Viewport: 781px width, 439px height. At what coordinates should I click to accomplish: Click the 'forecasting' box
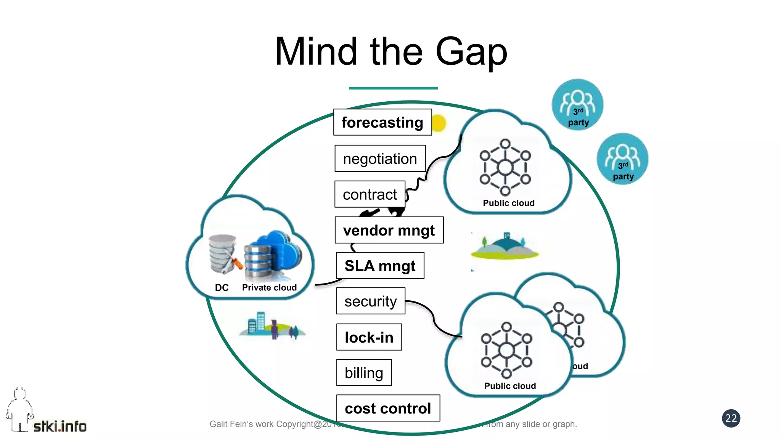click(x=382, y=122)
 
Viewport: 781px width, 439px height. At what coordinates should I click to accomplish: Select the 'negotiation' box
click(x=380, y=159)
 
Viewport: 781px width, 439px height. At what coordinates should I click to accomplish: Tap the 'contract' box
click(x=370, y=194)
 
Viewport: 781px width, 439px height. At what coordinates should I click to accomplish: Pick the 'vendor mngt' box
click(x=389, y=230)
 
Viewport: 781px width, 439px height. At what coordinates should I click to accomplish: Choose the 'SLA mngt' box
click(x=380, y=266)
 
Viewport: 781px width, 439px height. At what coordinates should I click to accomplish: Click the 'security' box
click(x=370, y=301)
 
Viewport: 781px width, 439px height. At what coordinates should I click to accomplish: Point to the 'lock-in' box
click(x=369, y=337)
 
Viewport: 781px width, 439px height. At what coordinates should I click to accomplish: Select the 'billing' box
click(x=364, y=373)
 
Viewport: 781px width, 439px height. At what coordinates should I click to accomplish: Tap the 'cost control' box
click(x=388, y=408)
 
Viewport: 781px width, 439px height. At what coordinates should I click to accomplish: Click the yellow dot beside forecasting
click(x=439, y=123)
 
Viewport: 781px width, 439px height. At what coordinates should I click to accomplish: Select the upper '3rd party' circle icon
click(x=577, y=105)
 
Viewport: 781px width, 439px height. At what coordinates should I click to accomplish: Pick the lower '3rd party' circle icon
click(x=622, y=159)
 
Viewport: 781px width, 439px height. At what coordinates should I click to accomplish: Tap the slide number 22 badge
click(x=731, y=418)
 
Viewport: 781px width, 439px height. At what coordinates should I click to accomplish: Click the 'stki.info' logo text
click(x=60, y=426)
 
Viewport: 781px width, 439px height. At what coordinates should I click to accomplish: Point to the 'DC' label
click(x=222, y=288)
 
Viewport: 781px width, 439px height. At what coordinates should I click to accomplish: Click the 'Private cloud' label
click(x=269, y=288)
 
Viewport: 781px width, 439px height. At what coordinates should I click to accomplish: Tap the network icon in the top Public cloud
click(x=505, y=167)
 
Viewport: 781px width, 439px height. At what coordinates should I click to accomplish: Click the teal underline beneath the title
click(x=393, y=88)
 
